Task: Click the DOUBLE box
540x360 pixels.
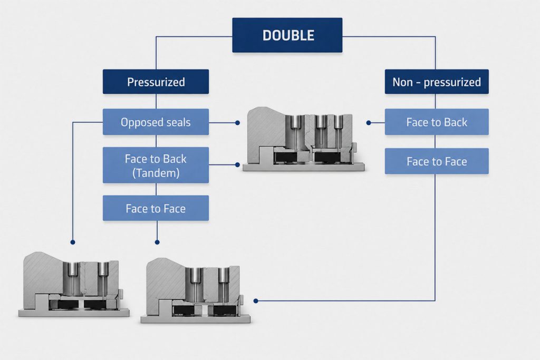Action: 287,35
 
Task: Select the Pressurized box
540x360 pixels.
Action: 156,82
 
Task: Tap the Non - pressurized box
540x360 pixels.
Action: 437,82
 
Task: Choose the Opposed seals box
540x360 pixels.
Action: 156,122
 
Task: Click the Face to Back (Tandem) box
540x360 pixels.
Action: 156,165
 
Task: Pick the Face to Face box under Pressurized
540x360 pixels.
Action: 156,208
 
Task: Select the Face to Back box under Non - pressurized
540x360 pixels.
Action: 437,122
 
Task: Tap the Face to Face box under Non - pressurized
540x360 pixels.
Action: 437,161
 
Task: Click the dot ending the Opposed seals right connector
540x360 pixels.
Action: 237,122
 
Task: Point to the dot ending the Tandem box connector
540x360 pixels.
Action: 237,165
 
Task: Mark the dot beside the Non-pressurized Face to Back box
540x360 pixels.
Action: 369,122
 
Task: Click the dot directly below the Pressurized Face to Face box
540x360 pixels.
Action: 157,242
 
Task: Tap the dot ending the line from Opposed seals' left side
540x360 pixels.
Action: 73,242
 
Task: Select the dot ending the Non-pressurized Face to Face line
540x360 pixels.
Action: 256,301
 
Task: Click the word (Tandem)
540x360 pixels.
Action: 156,173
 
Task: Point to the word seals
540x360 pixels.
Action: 178,122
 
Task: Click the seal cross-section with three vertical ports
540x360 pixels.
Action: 303,139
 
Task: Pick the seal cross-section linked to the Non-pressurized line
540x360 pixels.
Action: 196,290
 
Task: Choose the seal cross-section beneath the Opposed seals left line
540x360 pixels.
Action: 74,284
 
